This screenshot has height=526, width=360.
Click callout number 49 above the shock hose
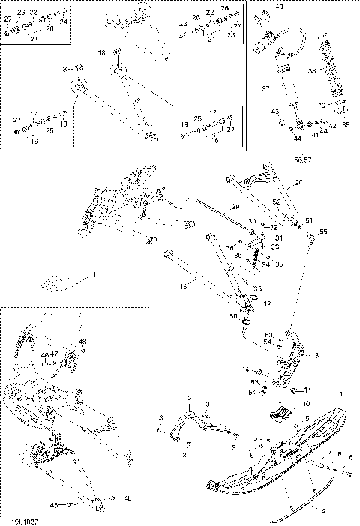(280, 7)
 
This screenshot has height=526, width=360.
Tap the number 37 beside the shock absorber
(265, 88)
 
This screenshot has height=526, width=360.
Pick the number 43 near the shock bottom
(275, 112)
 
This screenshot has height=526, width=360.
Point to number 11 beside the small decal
(92, 276)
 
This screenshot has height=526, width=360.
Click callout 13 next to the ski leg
(313, 355)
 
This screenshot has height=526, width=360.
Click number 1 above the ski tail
(342, 394)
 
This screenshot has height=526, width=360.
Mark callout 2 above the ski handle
(189, 397)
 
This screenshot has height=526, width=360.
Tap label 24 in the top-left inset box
(63, 22)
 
